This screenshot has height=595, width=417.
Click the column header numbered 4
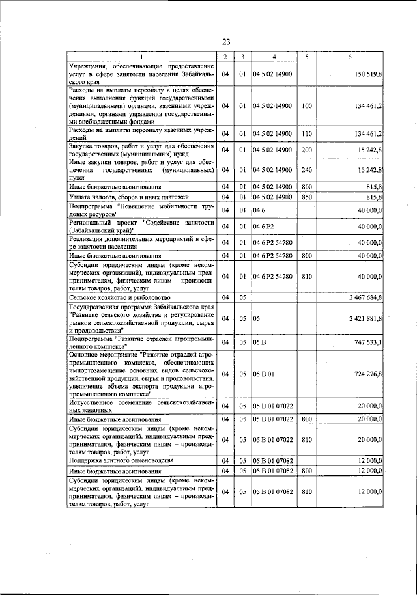tap(274, 57)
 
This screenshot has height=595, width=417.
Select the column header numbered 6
tap(349, 57)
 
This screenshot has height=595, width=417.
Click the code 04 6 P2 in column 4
tap(264, 226)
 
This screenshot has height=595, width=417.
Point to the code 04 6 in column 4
tap(259, 210)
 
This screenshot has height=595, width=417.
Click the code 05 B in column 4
tap(261, 342)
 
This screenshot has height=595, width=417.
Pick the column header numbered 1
tap(141, 57)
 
